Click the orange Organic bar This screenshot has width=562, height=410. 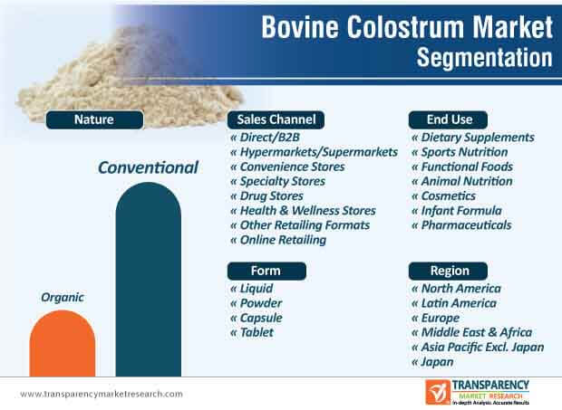click(63, 343)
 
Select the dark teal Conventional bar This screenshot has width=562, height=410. click(149, 279)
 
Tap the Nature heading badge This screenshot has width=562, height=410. click(94, 119)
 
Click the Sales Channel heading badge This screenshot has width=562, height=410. click(276, 119)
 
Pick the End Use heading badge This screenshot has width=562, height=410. click(448, 119)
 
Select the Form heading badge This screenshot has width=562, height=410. click(266, 271)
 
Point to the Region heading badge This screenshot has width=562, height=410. click(448, 271)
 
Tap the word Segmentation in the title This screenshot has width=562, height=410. click(485, 58)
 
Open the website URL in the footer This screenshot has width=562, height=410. click(102, 394)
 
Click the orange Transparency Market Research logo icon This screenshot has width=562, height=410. click(438, 392)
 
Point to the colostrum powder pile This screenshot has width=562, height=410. click(129, 86)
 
